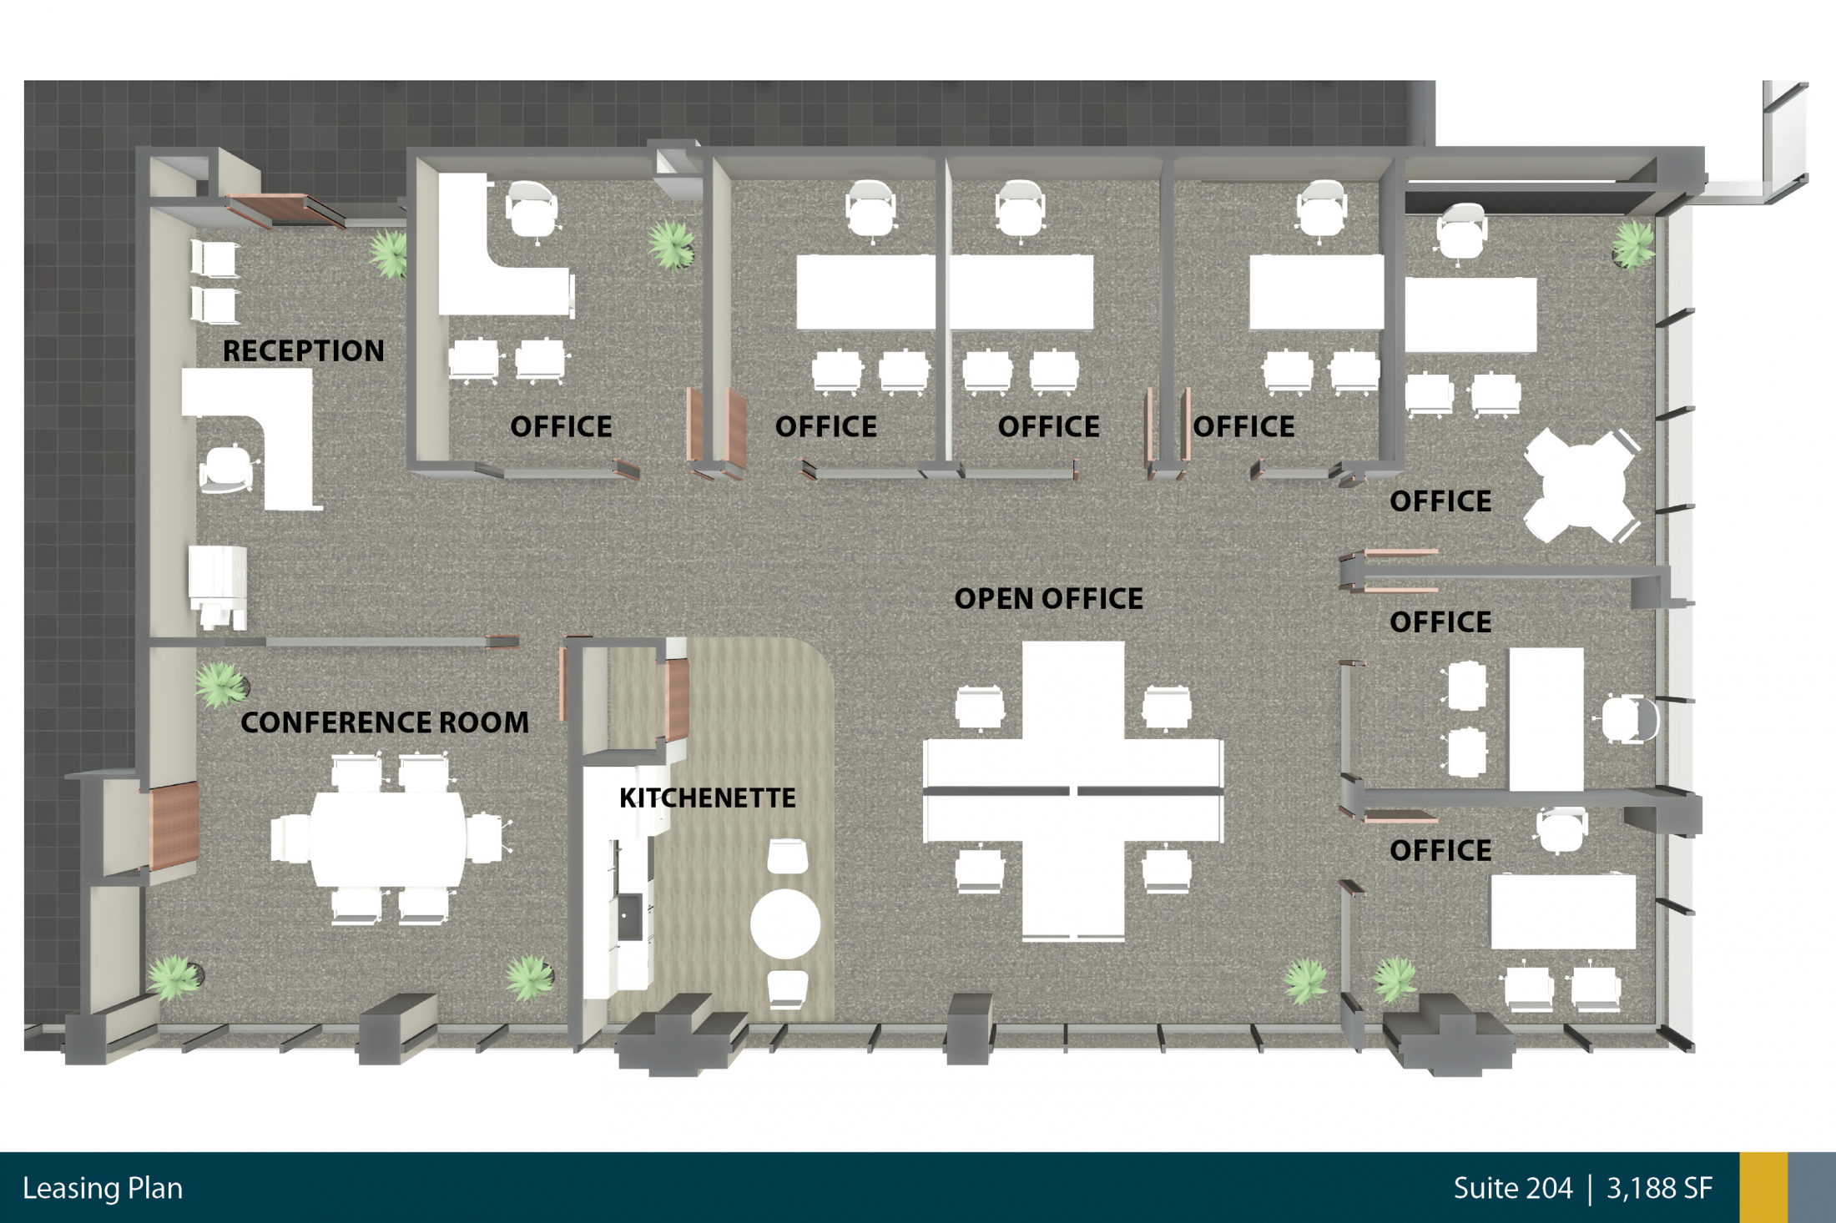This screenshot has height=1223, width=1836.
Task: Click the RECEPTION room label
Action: [303, 351]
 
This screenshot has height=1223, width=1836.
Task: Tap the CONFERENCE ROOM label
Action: [385, 722]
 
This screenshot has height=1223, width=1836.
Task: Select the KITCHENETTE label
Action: [708, 798]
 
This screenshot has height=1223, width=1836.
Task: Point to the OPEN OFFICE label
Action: [1048, 599]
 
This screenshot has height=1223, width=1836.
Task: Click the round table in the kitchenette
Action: [784, 924]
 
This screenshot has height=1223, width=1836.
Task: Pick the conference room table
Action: [388, 838]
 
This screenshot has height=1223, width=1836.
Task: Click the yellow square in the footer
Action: [1763, 1188]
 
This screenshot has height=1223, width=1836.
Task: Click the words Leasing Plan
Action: [103, 1188]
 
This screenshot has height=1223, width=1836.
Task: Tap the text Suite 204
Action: [1512, 1188]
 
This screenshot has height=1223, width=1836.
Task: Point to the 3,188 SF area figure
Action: [1659, 1188]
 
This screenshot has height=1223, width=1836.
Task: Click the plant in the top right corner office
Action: [1632, 244]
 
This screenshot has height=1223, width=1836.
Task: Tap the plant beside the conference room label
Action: [220, 684]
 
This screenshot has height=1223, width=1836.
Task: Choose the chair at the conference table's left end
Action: [290, 838]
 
